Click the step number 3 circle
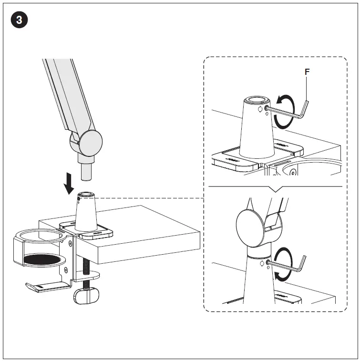click(19, 20)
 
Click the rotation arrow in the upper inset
click(282, 110)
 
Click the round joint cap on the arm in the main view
click(90, 143)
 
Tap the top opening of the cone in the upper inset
click(257, 100)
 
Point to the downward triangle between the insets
click(275, 189)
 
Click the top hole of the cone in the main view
click(86, 195)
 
